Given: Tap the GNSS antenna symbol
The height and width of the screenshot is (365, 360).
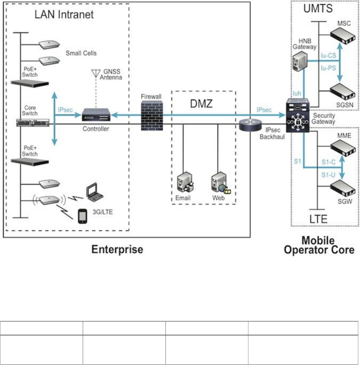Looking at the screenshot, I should point(95,73).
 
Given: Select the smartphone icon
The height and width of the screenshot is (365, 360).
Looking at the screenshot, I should point(83,216).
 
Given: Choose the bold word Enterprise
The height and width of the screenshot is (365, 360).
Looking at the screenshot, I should point(117,249).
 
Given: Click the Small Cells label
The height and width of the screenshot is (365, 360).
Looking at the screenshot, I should point(81,54).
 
